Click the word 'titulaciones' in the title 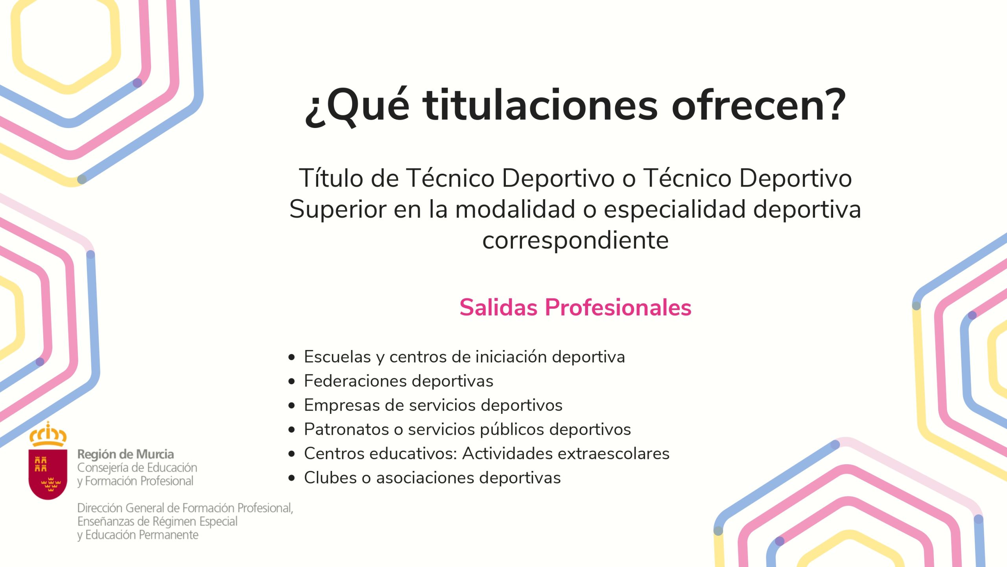[x=540, y=105]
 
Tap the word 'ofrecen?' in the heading [x=759, y=105]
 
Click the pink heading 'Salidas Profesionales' [x=575, y=307]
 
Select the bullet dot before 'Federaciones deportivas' [x=291, y=382]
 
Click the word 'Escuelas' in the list [x=338, y=357]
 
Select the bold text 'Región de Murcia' [x=125, y=454]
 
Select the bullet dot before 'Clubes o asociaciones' [x=291, y=478]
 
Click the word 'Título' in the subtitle [x=331, y=178]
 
